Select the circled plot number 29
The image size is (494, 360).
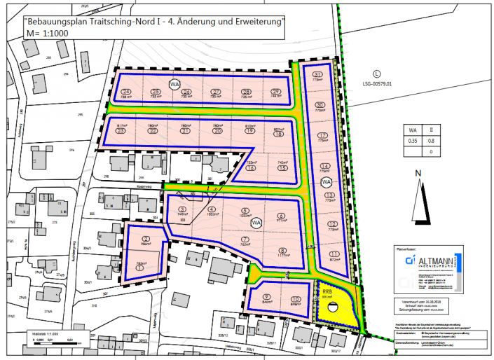[276, 92]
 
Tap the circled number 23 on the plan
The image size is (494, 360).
[121, 131]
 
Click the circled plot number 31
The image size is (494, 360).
[319, 75]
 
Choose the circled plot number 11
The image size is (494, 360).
[334, 254]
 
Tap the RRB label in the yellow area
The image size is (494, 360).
[326, 291]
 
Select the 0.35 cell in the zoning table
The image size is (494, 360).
[413, 140]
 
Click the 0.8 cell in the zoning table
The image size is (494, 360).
[440, 140]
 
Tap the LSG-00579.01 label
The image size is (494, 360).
[376, 83]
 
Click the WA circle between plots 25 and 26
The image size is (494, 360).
[174, 85]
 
